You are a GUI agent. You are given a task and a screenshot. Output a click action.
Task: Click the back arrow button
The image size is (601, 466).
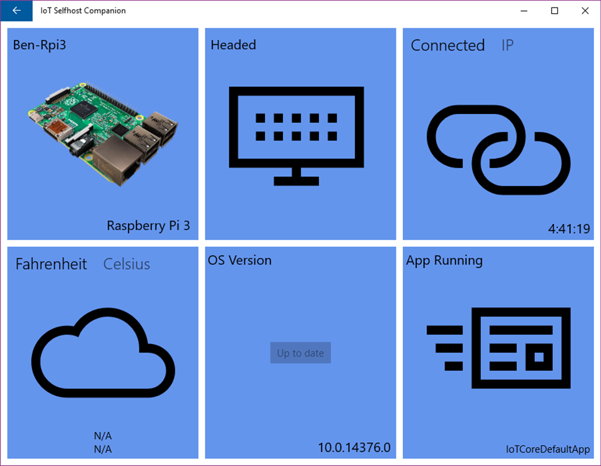click(x=17, y=10)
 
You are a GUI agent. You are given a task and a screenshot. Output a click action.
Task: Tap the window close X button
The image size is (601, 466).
click(x=585, y=11)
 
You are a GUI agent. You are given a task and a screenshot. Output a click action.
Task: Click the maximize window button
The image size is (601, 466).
click(x=554, y=11)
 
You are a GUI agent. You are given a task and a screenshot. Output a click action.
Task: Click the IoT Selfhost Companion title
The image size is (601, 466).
click(x=83, y=11)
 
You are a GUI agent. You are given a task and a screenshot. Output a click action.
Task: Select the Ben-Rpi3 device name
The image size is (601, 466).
click(x=40, y=45)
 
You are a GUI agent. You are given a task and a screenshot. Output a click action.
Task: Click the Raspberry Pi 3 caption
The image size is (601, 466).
click(x=148, y=226)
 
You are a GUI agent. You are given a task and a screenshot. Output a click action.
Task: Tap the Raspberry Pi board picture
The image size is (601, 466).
click(x=103, y=133)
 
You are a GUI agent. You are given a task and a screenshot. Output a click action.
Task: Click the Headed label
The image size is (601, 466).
click(x=233, y=45)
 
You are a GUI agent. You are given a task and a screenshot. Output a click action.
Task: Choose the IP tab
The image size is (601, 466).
click(x=507, y=45)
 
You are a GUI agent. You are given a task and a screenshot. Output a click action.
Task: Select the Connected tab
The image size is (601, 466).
click(x=448, y=45)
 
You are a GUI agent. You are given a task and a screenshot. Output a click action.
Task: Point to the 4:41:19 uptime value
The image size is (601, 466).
click(x=569, y=229)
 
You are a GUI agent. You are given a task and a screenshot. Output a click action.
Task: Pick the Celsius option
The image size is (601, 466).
click(x=126, y=264)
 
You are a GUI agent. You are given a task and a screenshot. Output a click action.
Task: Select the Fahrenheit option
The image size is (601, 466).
click(x=51, y=264)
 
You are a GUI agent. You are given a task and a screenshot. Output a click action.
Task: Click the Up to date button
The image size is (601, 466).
click(x=300, y=353)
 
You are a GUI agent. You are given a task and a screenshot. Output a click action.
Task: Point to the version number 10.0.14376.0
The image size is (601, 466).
click(x=354, y=448)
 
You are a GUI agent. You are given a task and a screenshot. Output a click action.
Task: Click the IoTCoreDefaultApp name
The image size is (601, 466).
click(x=548, y=449)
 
